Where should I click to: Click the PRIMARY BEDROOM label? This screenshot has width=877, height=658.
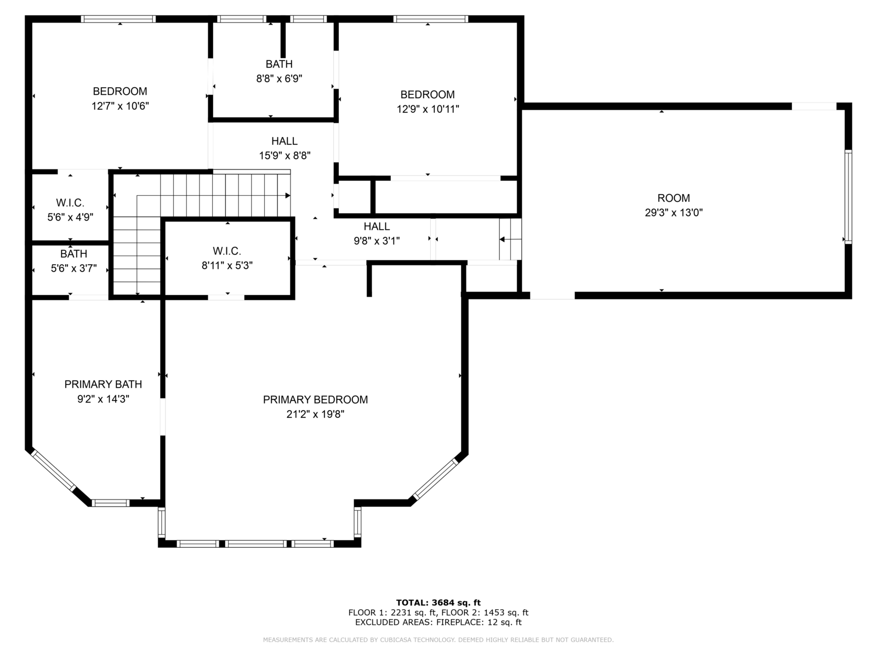[x=315, y=400]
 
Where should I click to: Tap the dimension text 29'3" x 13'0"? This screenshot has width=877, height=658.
[x=674, y=213]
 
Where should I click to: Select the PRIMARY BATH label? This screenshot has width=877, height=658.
[x=103, y=384]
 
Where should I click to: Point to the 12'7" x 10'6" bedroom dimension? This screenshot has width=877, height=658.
[x=120, y=106]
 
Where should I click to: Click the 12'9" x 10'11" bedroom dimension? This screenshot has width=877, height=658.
[x=428, y=109]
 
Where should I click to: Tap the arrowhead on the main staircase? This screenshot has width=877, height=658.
[x=288, y=195]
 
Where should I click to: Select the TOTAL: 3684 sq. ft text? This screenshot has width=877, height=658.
[x=438, y=603]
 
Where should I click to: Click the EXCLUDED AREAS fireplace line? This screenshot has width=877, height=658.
[x=438, y=622]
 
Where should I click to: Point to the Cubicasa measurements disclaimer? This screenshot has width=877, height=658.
[x=438, y=639]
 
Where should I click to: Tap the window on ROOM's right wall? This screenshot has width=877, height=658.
[x=848, y=196]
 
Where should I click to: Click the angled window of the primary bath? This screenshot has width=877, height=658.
[x=53, y=470]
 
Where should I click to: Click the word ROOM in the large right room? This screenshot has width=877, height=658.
[x=674, y=198]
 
